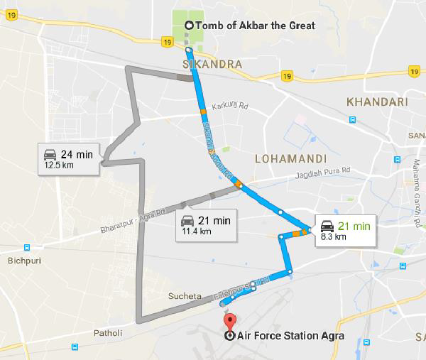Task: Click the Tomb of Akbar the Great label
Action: tap(254, 26)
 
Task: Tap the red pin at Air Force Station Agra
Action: tap(228, 317)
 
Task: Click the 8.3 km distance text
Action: tap(334, 237)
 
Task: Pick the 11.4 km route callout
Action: tap(206, 224)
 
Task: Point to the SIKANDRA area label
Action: tap(212, 64)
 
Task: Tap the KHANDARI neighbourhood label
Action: tap(377, 102)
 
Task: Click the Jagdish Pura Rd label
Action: tap(326, 172)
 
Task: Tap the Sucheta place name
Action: tap(184, 295)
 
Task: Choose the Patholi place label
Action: tap(107, 332)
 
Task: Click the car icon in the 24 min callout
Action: tap(50, 154)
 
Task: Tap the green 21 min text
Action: tap(354, 227)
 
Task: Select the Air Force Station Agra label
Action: tap(284, 336)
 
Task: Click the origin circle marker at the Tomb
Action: tap(188, 26)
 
